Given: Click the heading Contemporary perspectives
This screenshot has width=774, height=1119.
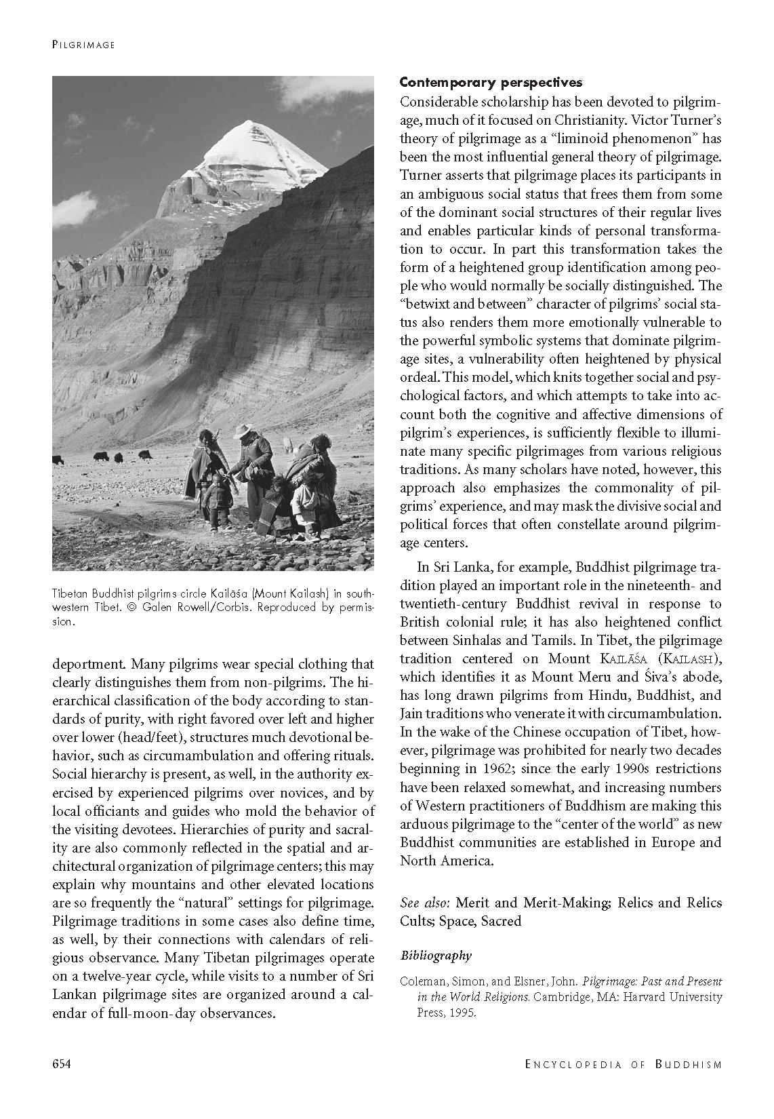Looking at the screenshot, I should click(491, 83).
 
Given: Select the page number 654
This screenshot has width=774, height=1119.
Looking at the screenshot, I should click(62, 1063).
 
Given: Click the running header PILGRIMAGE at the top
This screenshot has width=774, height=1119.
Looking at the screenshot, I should click(83, 45).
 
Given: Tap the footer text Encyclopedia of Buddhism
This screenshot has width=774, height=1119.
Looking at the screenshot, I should click(623, 1064).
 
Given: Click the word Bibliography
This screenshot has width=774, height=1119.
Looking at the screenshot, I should click(436, 956).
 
